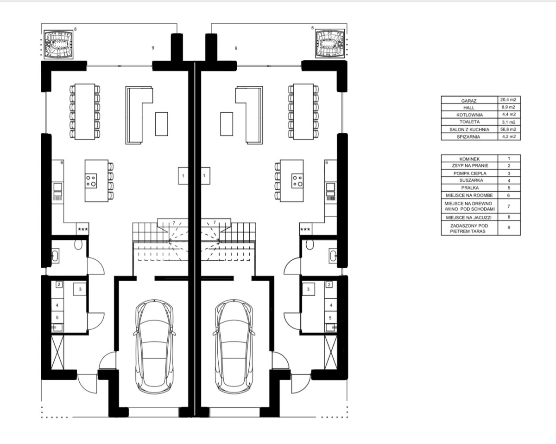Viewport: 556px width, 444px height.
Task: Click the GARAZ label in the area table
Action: coord(469,101)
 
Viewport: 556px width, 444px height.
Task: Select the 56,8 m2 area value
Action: coord(508,129)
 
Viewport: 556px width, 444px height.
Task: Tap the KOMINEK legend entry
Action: coord(469,159)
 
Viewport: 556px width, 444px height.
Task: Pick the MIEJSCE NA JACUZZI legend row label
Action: coord(469,218)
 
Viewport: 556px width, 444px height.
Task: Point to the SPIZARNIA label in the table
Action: coord(468,136)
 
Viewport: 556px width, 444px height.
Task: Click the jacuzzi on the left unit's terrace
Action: coord(58,44)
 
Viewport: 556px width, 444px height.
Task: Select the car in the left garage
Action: coord(154,347)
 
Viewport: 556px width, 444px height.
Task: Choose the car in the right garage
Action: coord(234,347)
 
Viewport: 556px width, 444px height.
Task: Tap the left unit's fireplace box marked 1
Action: coord(183,176)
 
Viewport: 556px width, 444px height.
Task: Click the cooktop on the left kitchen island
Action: coord(91,180)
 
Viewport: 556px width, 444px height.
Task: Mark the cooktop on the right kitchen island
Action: coord(297,180)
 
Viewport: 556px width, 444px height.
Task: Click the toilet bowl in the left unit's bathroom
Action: coord(78,245)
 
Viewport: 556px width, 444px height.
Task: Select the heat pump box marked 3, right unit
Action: coord(308,289)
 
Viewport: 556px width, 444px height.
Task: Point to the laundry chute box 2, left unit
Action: coord(59,284)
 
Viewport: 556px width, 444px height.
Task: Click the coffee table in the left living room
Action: coord(162,124)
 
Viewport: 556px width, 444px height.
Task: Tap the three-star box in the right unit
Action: coord(305,229)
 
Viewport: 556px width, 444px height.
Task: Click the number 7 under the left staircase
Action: coord(174,223)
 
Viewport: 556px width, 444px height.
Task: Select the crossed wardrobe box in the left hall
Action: coord(57,353)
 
